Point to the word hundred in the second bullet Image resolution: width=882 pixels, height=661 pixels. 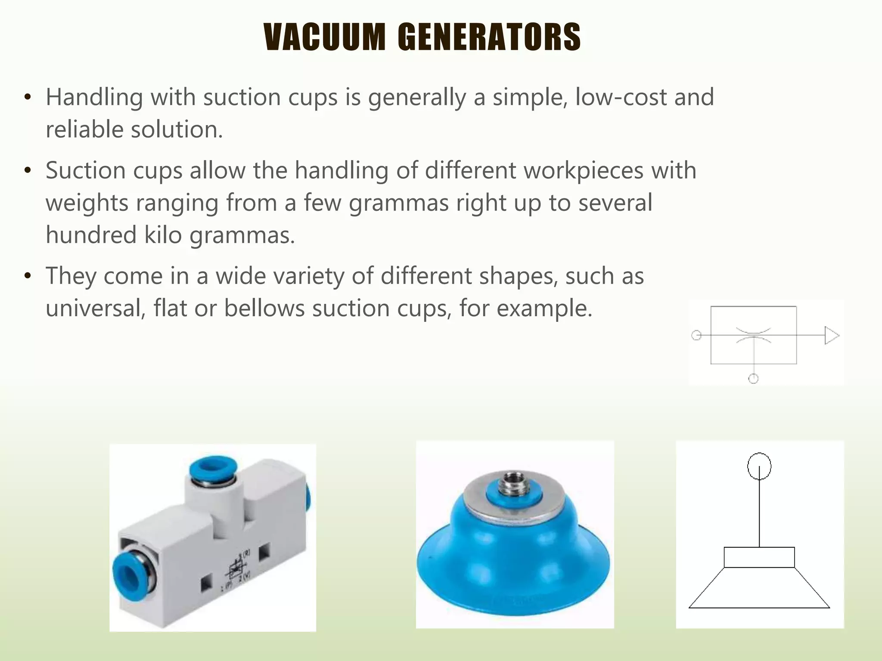tap(91, 235)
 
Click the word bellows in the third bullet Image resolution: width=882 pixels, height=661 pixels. tap(264, 309)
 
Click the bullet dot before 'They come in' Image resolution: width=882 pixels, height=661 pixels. tap(28, 275)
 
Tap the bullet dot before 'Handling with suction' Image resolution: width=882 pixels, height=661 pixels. tap(28, 97)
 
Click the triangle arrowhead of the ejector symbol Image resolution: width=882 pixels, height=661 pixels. tap(831, 336)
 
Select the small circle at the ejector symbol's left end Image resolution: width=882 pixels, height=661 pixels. tap(696, 335)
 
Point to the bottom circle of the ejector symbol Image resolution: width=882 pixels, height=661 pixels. tap(753, 379)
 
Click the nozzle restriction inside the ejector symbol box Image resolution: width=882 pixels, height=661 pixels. tap(753, 335)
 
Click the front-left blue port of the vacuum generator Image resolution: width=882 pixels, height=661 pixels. tap(130, 574)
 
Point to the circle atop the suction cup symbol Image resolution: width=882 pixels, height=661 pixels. tap(759, 466)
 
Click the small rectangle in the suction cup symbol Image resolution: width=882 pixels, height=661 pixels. tap(759, 557)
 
